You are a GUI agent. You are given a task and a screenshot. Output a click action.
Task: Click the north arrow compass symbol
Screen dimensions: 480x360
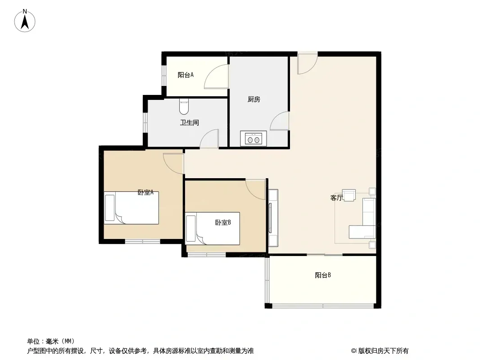click(x=25, y=21)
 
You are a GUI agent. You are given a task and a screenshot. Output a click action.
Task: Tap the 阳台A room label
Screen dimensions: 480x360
click(x=186, y=75)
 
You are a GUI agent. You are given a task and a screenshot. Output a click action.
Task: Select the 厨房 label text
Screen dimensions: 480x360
click(x=254, y=99)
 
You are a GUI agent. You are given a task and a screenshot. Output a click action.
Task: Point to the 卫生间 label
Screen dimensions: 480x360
click(x=190, y=123)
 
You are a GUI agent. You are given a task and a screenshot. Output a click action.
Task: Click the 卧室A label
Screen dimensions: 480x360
click(x=145, y=193)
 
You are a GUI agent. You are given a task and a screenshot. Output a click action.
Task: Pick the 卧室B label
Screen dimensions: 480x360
click(x=223, y=223)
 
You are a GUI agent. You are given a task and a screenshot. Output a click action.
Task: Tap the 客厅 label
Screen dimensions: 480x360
click(x=336, y=198)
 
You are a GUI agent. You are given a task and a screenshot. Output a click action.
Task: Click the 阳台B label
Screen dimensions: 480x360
click(x=323, y=275)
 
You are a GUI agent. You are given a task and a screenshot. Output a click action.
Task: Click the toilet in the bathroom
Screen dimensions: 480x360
click(x=184, y=106)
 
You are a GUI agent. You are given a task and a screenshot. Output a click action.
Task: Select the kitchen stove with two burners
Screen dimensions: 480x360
click(x=254, y=139)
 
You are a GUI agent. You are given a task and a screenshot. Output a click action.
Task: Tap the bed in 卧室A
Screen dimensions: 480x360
click(x=131, y=208)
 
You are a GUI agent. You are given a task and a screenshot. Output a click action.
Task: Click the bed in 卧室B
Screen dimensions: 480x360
click(x=213, y=229)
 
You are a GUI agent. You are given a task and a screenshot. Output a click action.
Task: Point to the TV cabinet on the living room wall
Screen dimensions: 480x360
click(x=273, y=218)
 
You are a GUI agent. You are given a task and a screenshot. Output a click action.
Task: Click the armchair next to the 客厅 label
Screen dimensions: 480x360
click(x=349, y=195)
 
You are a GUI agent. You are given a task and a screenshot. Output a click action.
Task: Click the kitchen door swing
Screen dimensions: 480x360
click(x=280, y=121)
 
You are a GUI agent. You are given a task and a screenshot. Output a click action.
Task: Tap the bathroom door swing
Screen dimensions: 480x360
click(x=209, y=139)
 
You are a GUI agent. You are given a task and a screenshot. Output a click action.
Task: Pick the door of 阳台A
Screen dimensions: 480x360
click(x=217, y=76)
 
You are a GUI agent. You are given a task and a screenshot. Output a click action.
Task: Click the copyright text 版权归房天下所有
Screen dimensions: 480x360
click(x=383, y=351)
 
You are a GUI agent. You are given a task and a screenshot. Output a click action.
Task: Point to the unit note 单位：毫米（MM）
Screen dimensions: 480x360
click(x=51, y=342)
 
